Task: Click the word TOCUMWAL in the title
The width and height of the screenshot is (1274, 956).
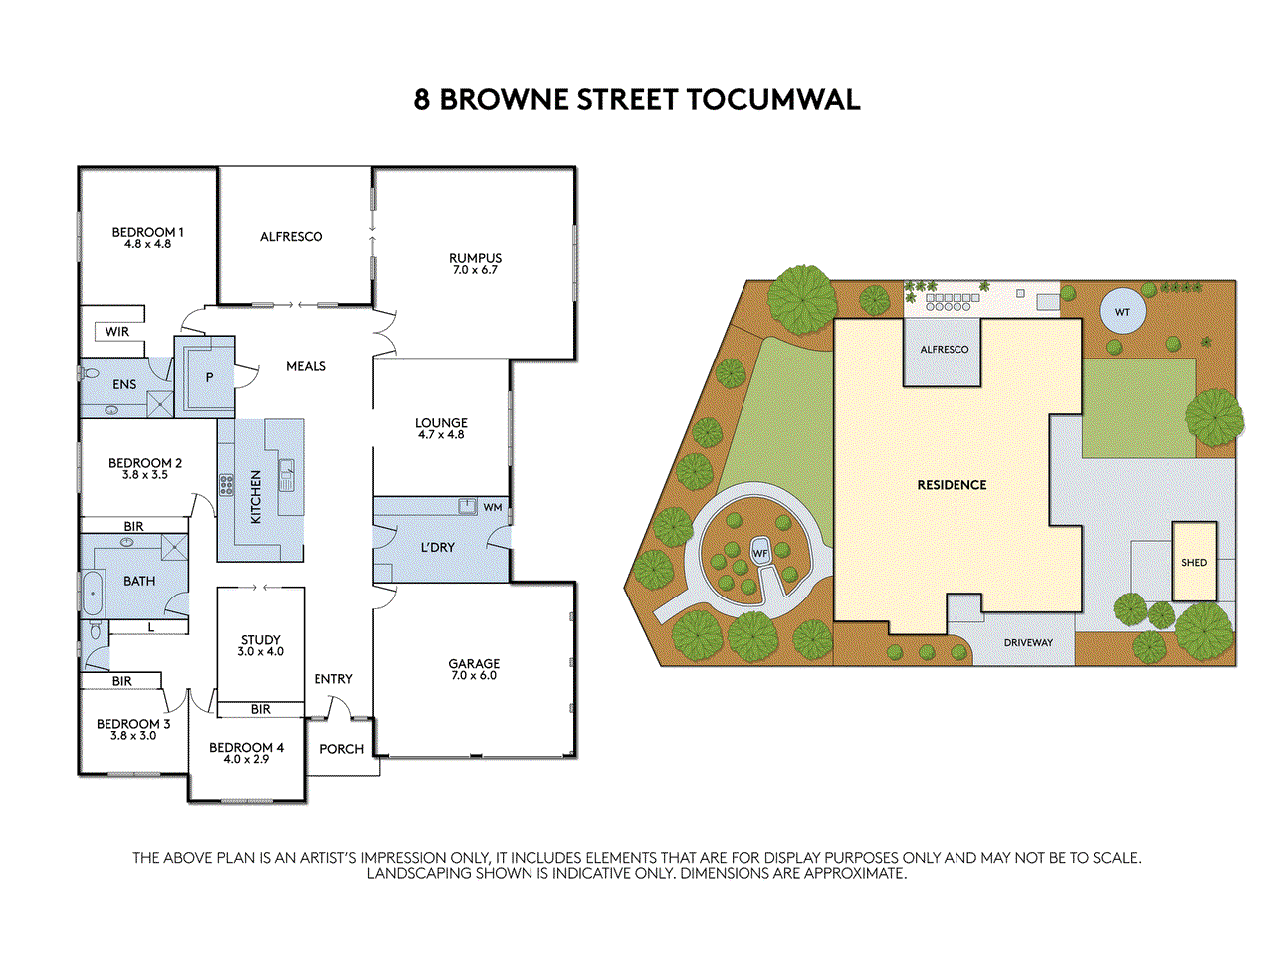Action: click(773, 100)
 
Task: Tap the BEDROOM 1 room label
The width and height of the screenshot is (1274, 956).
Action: click(147, 232)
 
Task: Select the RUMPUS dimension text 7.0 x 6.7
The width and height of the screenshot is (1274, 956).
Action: click(475, 270)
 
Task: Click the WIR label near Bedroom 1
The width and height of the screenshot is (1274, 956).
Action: click(117, 332)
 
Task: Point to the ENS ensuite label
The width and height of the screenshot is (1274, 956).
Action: click(124, 384)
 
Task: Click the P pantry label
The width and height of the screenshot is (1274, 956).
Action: click(209, 378)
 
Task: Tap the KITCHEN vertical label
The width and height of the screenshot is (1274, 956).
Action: click(255, 497)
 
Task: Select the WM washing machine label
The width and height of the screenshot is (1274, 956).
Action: click(493, 507)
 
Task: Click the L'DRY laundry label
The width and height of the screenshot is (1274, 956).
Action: click(437, 547)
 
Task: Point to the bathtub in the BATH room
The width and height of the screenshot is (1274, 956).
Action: click(93, 592)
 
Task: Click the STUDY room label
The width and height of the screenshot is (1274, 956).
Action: click(260, 640)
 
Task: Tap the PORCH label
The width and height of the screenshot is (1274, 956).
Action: click(341, 749)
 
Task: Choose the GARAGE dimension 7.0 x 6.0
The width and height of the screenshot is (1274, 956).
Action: click(474, 676)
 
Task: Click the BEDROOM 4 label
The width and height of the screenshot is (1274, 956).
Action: click(246, 747)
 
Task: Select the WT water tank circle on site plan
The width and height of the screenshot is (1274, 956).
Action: click(1122, 312)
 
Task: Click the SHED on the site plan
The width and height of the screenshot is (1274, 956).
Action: click(1194, 562)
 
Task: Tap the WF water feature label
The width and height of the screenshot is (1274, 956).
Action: click(760, 554)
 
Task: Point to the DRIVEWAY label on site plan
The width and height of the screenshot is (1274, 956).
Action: click(1028, 643)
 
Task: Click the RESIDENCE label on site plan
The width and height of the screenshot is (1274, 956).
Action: click(952, 485)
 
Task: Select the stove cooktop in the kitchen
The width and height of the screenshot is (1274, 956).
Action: click(227, 485)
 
